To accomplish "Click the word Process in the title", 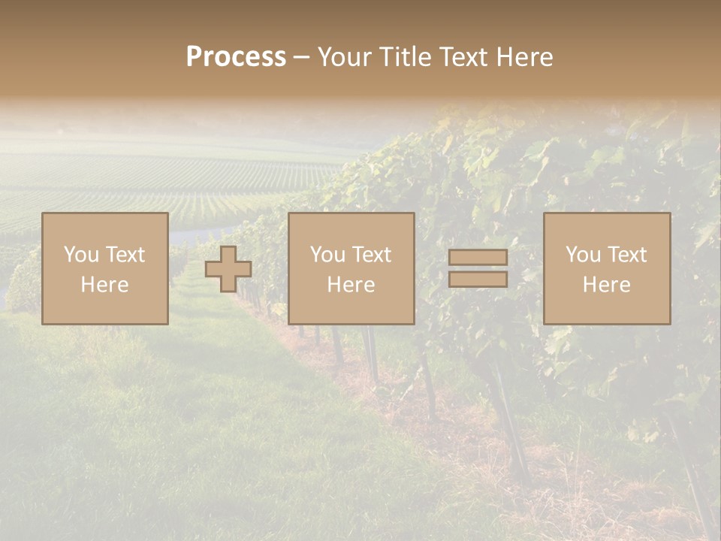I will [x=236, y=57].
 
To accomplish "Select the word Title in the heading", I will [x=404, y=57].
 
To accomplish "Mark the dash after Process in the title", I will [x=302, y=57].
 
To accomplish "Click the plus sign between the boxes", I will [x=228, y=269].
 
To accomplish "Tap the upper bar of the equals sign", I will [x=478, y=258].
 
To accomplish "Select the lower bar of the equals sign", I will [x=478, y=280].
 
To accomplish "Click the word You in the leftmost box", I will [x=81, y=255].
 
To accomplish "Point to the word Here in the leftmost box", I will [x=104, y=285].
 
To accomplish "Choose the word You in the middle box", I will [x=327, y=255].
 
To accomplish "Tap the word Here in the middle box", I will [x=351, y=285].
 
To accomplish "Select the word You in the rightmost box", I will [x=583, y=255].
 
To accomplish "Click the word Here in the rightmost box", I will [x=606, y=285].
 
